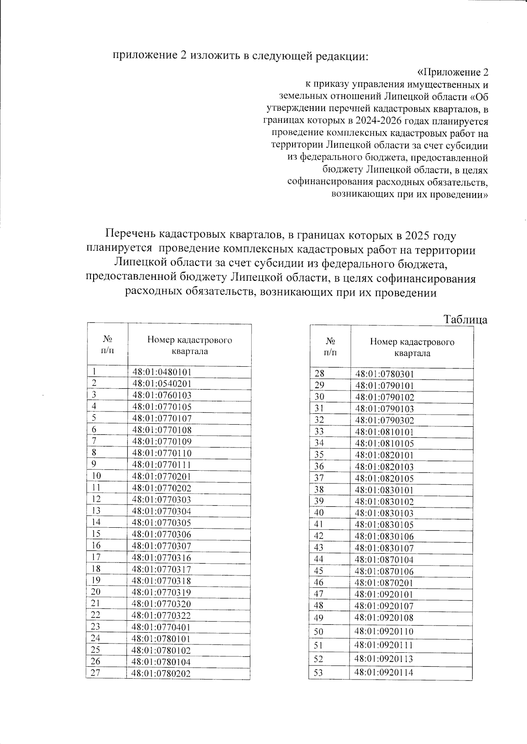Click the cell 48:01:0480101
click(162, 372)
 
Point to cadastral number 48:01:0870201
click(384, 583)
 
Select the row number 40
click(319, 513)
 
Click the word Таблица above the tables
click(465, 319)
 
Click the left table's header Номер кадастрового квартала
click(189, 345)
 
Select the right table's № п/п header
click(331, 346)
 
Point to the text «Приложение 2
click(452, 72)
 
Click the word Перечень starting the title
click(130, 236)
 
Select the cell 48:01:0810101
click(384, 432)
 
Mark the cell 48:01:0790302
click(384, 420)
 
